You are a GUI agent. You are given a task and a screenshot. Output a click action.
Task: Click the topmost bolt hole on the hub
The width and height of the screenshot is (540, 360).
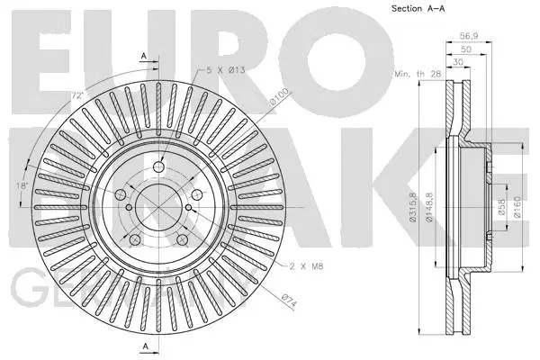(x=158, y=167)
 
